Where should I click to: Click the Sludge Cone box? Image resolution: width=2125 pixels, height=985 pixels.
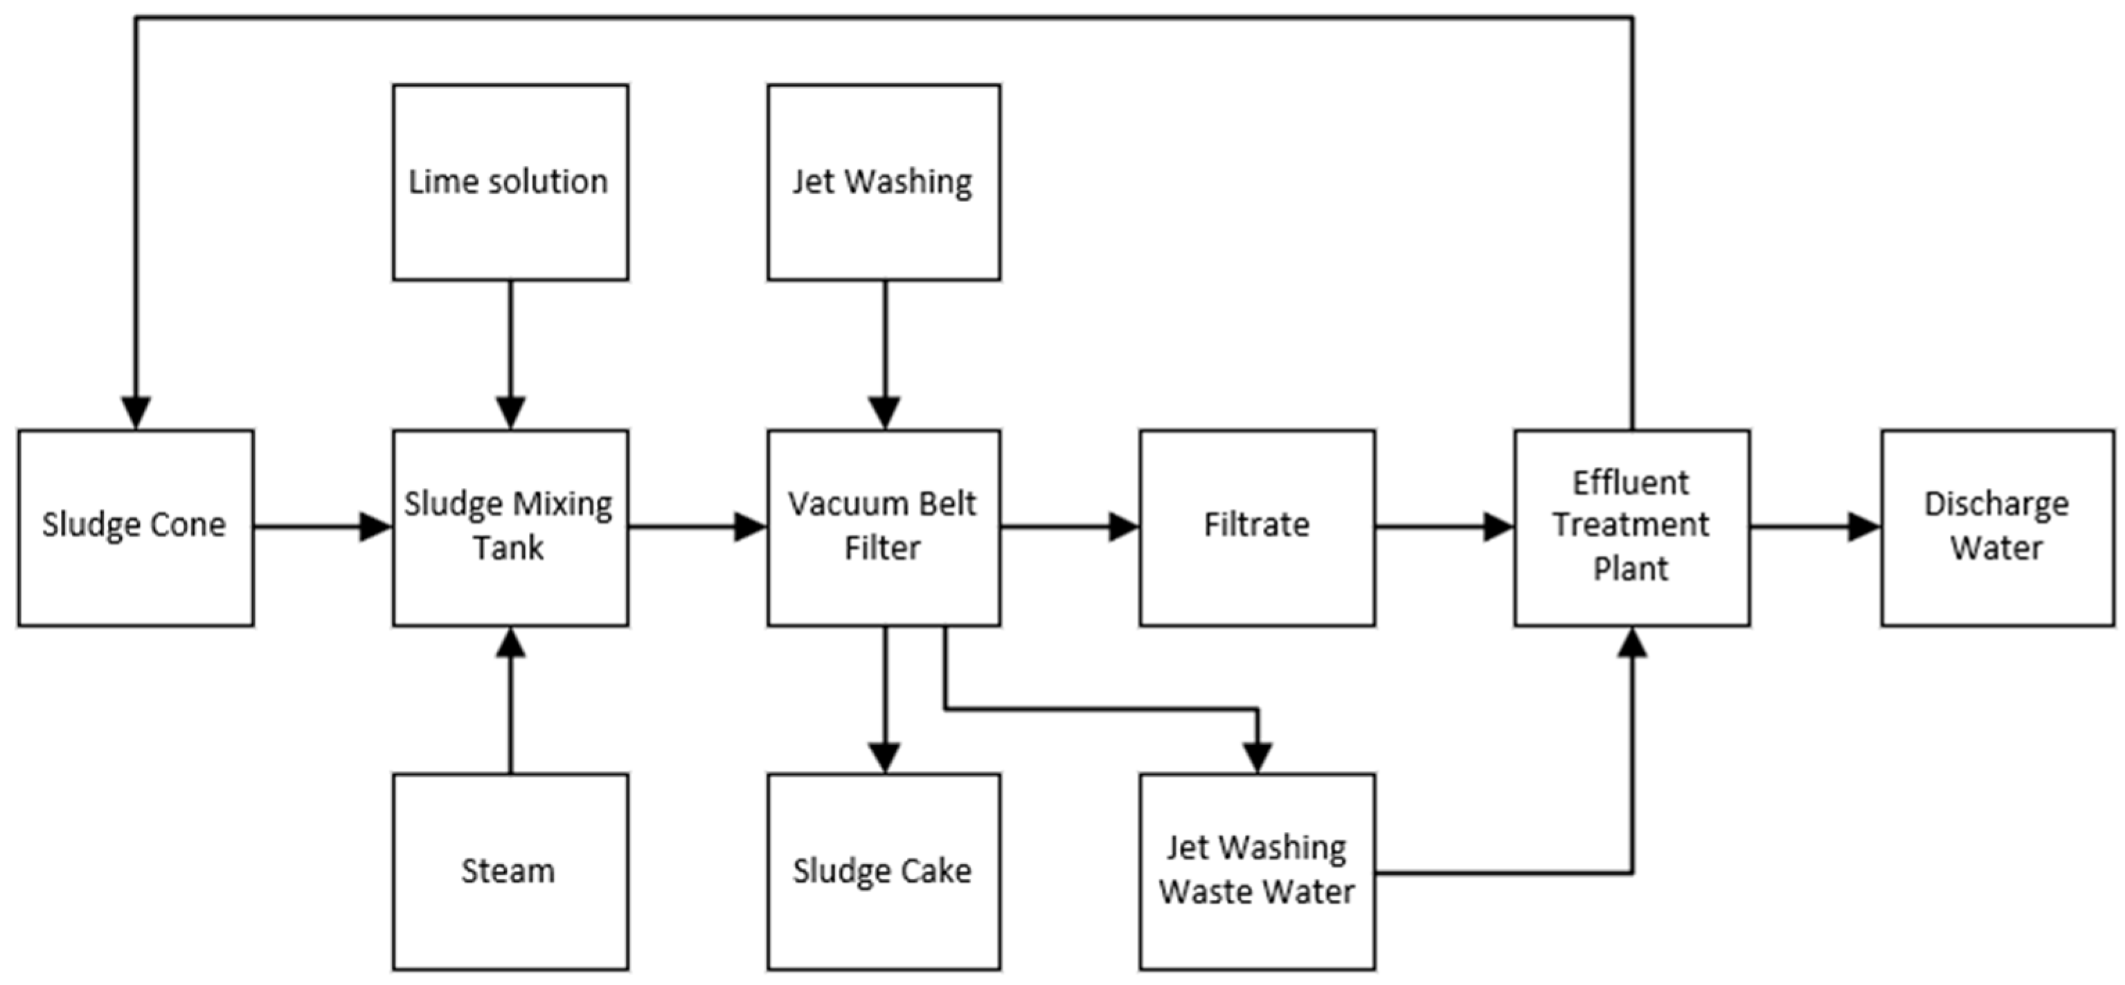tap(135, 527)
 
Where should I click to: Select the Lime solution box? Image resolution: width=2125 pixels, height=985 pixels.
tap(510, 182)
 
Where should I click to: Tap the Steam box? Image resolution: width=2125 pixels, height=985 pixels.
tap(510, 871)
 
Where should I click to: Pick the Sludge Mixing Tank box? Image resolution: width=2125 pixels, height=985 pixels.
tap(510, 527)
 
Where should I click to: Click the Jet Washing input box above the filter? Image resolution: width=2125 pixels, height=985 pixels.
tap(884, 182)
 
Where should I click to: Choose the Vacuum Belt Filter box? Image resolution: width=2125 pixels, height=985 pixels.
tap(884, 527)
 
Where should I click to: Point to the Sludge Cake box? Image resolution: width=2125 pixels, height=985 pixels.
tap(884, 871)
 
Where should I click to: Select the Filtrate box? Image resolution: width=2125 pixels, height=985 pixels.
tap(1257, 527)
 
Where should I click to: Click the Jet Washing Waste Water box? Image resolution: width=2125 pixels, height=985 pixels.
tap(1257, 871)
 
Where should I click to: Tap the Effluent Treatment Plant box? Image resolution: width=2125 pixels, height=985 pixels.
tap(1632, 527)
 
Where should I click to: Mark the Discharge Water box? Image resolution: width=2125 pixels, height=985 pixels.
tap(1997, 527)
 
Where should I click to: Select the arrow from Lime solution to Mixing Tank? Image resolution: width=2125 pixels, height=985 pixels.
tap(510, 354)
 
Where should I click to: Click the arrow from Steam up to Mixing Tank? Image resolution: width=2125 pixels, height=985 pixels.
tap(510, 701)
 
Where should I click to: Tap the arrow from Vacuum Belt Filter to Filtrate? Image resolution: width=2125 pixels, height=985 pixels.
tap(1070, 526)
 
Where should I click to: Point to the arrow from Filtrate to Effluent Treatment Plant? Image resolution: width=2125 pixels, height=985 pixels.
tap(1444, 526)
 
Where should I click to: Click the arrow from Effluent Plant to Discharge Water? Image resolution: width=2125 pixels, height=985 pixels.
tap(1815, 526)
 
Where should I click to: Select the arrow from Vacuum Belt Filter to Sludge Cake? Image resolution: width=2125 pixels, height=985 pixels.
tap(884, 701)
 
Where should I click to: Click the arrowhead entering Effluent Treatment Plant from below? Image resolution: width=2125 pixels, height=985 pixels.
tap(1632, 644)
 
